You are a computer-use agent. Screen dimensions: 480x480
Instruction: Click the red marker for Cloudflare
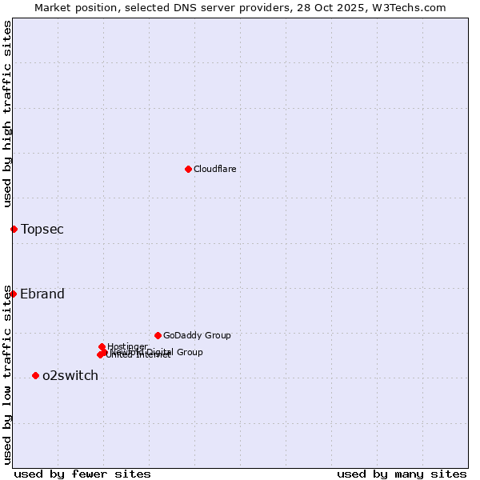tap(188, 169)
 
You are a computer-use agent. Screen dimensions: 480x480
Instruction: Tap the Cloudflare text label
tap(214, 169)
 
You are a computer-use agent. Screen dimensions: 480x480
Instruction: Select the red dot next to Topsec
tap(14, 229)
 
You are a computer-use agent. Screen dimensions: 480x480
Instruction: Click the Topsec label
tap(42, 230)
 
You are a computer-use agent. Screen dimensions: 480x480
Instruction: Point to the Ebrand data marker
tap(13, 294)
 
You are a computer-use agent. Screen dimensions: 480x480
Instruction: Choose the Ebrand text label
tap(42, 294)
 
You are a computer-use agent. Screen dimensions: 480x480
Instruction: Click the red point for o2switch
tap(35, 375)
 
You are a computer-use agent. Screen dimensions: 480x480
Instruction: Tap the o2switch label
tap(70, 376)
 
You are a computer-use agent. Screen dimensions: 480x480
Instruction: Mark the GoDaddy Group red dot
tap(158, 335)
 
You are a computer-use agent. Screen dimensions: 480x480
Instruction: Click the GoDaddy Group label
tap(197, 335)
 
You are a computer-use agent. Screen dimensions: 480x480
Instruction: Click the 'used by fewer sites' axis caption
tap(82, 474)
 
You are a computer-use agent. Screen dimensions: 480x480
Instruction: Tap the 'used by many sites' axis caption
tap(402, 474)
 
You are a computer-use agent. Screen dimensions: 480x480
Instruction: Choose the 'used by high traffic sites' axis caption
tap(7, 114)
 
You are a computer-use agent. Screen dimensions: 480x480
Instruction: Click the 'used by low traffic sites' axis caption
tap(7, 374)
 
